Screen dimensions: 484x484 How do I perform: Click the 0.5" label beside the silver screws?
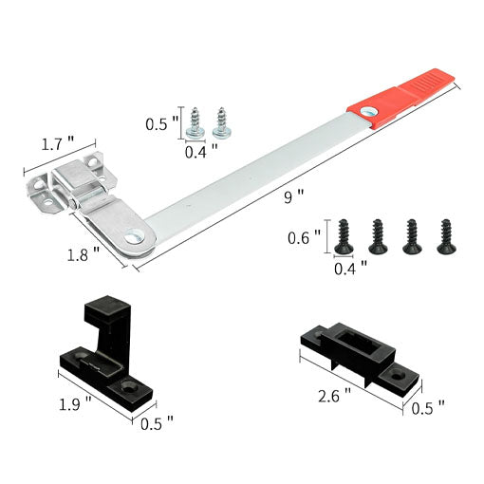coord(159,123)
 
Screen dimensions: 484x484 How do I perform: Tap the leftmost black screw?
coord(344,236)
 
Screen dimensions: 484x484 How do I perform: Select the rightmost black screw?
coord(444,236)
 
